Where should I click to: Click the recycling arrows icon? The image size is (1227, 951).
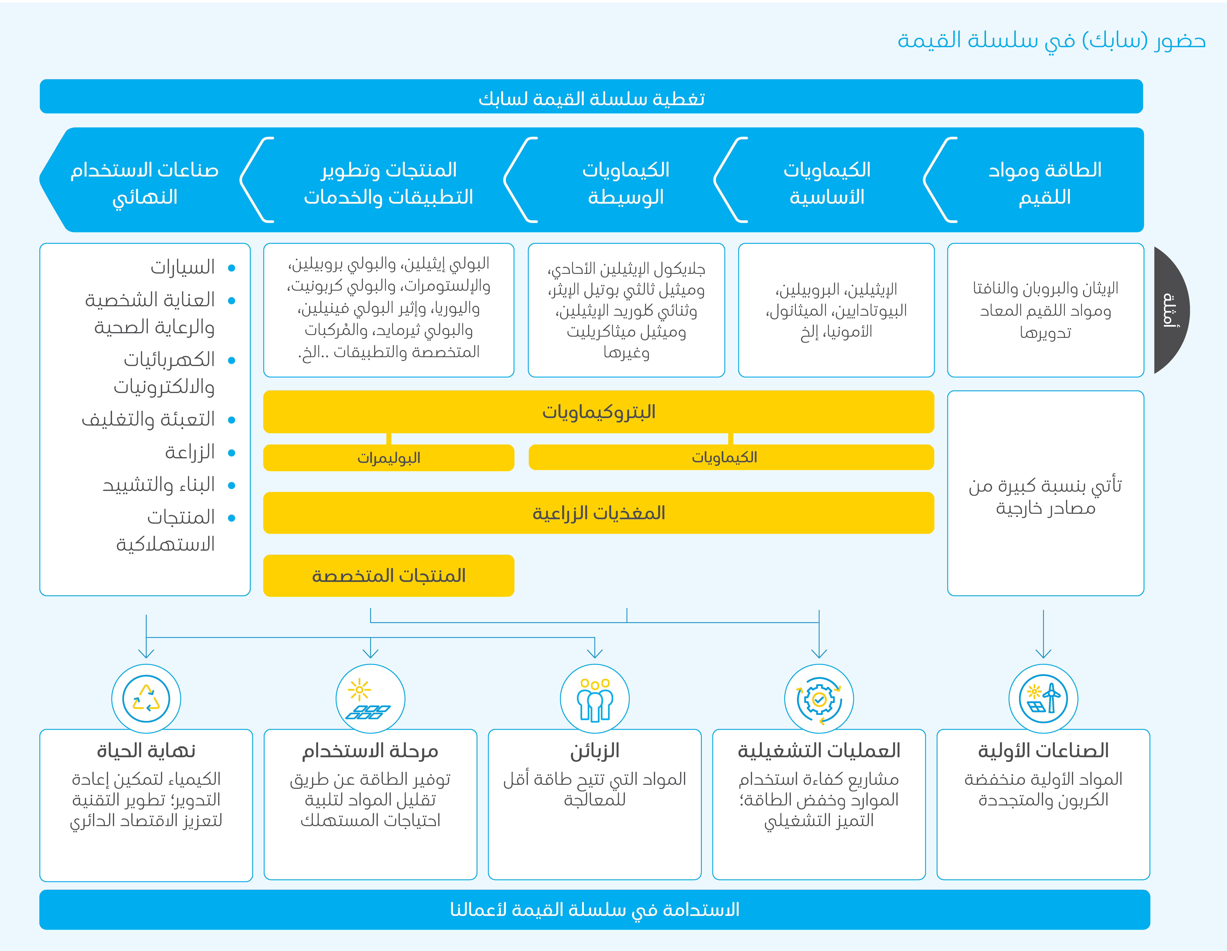pyautogui.click(x=146, y=699)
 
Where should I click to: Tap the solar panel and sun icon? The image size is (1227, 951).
pyautogui.click(x=370, y=699)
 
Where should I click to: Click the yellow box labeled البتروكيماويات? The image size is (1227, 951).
pyautogui.click(x=598, y=412)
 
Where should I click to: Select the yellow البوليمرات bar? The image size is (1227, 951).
pyautogui.click(x=389, y=458)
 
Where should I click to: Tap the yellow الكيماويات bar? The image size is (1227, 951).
pyautogui.click(x=731, y=457)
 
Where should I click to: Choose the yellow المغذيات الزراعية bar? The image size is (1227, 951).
pyautogui.click(x=598, y=513)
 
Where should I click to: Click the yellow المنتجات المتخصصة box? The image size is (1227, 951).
pyautogui.click(x=389, y=576)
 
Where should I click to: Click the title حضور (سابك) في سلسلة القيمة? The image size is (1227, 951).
pyautogui.click(x=1051, y=40)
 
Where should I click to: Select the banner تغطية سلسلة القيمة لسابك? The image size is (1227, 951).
pyautogui.click(x=591, y=97)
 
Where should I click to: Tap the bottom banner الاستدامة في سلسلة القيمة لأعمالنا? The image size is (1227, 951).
pyautogui.click(x=594, y=909)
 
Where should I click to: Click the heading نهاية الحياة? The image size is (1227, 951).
pyautogui.click(x=146, y=750)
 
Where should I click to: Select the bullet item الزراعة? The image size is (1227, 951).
pyautogui.click(x=190, y=452)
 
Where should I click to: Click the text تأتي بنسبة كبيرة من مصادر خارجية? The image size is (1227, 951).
pyautogui.click(x=1045, y=496)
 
